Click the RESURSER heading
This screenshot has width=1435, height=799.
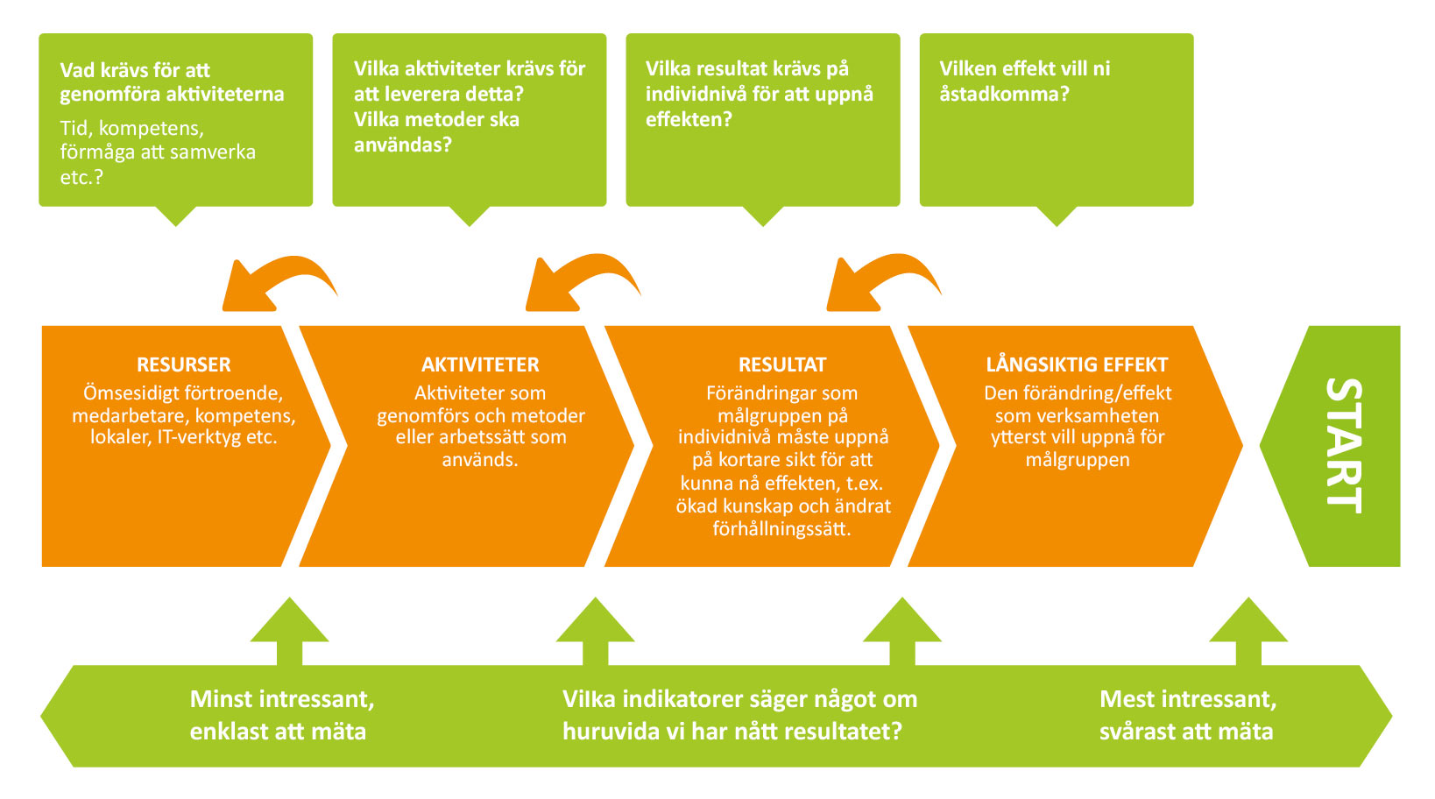[183, 364]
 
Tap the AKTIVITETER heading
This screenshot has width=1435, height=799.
[480, 364]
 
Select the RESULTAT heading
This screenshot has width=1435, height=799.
[782, 364]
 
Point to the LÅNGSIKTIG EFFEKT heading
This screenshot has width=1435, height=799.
[1077, 364]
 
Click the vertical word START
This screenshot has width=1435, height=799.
[1343, 446]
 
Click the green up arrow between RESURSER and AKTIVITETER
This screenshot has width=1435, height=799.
[290, 631]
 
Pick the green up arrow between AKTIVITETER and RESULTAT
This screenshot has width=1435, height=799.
[595, 631]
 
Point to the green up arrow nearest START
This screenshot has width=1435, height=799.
[1248, 631]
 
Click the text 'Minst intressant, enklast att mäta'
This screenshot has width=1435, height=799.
[282, 715]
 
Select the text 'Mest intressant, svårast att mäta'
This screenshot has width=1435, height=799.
[1188, 715]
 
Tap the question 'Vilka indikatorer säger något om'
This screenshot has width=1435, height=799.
[740, 699]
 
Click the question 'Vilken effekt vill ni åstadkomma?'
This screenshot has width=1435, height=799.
[1024, 81]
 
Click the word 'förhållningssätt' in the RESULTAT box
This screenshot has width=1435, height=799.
[781, 529]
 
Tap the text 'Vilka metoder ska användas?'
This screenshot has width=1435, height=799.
[436, 132]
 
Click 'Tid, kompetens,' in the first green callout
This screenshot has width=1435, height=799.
[132, 129]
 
